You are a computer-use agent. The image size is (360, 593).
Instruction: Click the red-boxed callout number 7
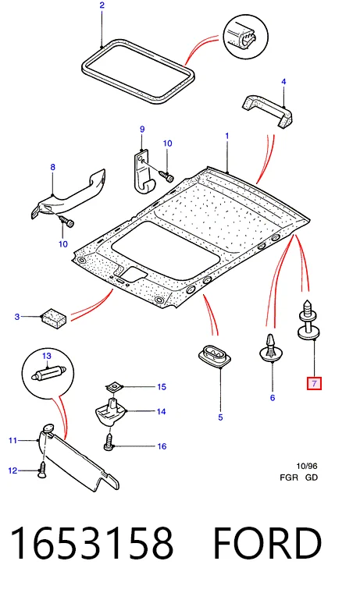[x=314, y=384]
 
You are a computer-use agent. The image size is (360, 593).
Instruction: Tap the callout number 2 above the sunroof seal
[x=102, y=5]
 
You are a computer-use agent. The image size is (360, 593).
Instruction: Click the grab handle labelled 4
[x=267, y=111]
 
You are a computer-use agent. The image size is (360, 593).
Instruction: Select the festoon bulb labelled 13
[x=48, y=373]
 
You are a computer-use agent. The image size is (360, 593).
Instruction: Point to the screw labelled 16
[x=109, y=443]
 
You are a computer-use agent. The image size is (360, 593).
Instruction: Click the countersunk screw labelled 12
[x=43, y=470]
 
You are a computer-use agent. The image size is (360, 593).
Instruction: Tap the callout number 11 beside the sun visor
[x=12, y=440]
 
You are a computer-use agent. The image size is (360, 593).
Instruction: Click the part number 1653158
[x=92, y=543]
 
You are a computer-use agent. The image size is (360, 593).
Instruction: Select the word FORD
[x=267, y=543]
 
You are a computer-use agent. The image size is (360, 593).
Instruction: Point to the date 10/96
[x=307, y=467]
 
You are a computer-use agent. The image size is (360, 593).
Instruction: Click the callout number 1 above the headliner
[x=227, y=136]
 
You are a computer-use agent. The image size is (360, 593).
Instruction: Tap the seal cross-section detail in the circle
[x=246, y=37]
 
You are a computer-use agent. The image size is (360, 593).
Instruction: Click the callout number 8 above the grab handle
[x=52, y=167]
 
